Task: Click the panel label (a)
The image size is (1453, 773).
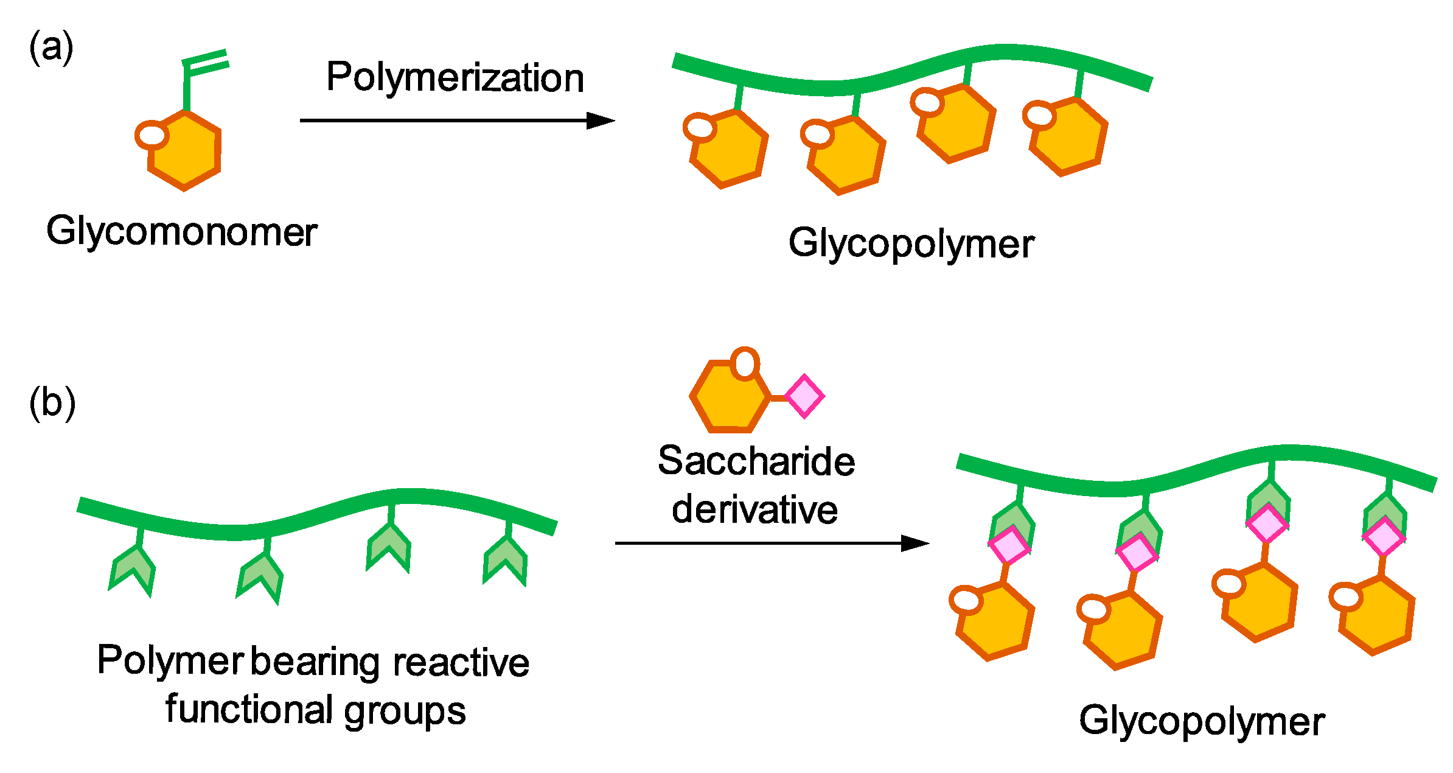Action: point(51,48)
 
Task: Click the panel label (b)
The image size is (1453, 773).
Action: point(52,404)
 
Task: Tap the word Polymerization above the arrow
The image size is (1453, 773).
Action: point(455,79)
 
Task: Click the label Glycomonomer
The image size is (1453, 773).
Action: point(181,232)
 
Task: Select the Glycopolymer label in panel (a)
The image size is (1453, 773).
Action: point(911,244)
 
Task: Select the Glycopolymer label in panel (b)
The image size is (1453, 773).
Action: point(1202,721)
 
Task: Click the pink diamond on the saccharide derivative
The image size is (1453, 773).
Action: point(804,396)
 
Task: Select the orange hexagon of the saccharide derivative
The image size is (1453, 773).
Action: point(729,397)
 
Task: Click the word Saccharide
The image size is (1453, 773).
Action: point(756,461)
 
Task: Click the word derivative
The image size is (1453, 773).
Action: point(754,509)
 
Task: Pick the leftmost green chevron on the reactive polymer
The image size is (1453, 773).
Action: point(132,571)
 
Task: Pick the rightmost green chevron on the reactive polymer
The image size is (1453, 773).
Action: point(506,560)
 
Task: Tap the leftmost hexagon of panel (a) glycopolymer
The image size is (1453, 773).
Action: point(727,149)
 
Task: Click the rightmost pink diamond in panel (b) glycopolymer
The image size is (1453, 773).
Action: point(1383,537)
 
